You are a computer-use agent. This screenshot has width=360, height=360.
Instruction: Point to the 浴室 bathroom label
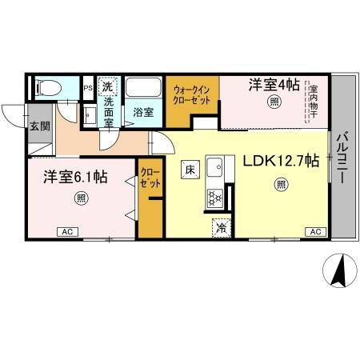(x=144, y=112)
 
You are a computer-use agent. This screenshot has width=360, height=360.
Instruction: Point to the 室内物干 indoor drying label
(x=314, y=103)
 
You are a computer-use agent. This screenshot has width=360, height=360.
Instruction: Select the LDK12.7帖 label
(x=281, y=160)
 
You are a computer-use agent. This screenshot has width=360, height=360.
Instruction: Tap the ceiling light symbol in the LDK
(x=281, y=185)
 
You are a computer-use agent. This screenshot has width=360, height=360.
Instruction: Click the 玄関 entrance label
(x=39, y=125)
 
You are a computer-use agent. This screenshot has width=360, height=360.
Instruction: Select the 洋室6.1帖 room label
(x=76, y=176)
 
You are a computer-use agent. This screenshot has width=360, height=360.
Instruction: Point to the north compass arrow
(x=339, y=270)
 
